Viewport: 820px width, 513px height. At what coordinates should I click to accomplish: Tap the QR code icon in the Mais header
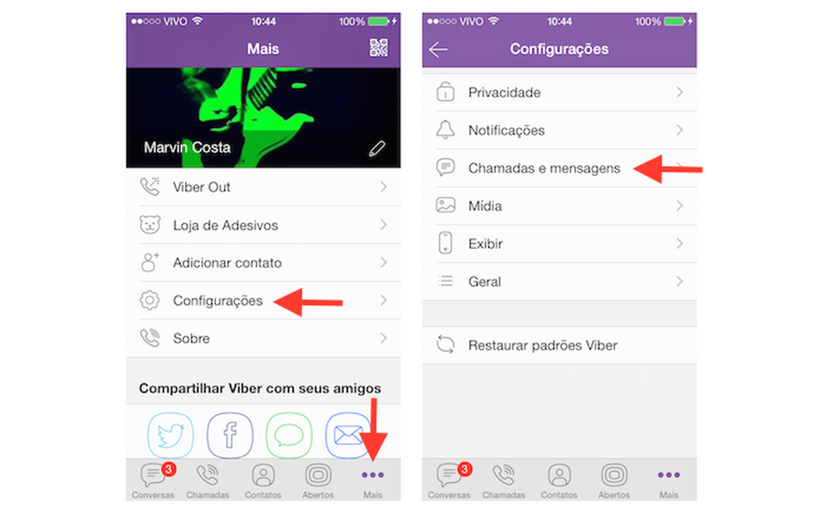pyautogui.click(x=379, y=48)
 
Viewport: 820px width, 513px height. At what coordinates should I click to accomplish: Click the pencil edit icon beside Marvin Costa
pyautogui.click(x=377, y=149)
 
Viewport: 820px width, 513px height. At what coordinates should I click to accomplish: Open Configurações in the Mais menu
pyautogui.click(x=218, y=301)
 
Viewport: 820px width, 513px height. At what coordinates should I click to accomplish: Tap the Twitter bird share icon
pyautogui.click(x=171, y=434)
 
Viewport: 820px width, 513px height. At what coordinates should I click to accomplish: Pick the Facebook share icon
pyautogui.click(x=229, y=434)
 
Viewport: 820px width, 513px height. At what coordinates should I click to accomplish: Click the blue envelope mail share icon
pyautogui.click(x=347, y=434)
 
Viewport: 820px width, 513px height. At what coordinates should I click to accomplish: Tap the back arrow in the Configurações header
pyautogui.click(x=437, y=50)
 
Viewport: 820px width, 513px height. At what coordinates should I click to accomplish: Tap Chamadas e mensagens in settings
pyautogui.click(x=544, y=168)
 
